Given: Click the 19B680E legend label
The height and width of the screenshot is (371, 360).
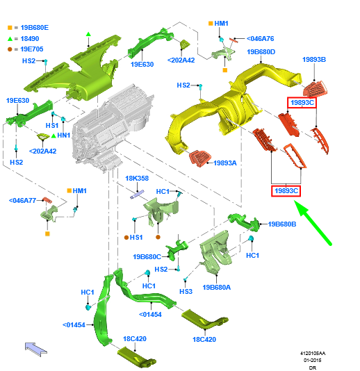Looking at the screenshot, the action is click(x=35, y=28).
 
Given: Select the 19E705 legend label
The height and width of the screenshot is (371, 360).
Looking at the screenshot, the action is click(x=32, y=49).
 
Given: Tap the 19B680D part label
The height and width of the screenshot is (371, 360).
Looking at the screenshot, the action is click(x=261, y=52).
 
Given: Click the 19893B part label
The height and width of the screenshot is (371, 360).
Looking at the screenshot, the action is click(x=314, y=60).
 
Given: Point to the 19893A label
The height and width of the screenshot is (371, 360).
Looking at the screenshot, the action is click(x=225, y=163).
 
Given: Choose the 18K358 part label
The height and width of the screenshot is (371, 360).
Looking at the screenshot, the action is click(x=137, y=178).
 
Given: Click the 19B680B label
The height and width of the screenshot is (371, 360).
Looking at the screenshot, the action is click(x=282, y=224).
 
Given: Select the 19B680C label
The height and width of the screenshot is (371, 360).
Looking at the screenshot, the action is click(x=147, y=257).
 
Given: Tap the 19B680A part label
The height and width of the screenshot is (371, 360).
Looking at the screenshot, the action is click(x=217, y=287).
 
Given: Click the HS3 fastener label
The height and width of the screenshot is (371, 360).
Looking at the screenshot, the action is click(x=186, y=292).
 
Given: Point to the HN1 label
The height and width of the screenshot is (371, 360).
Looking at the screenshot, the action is click(x=64, y=135).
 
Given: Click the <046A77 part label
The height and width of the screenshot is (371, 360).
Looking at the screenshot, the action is click(x=22, y=201).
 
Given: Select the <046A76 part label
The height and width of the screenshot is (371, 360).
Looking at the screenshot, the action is click(x=260, y=39).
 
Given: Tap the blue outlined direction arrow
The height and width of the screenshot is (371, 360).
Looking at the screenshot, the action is click(x=36, y=349).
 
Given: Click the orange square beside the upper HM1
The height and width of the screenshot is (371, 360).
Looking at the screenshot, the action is click(x=211, y=24).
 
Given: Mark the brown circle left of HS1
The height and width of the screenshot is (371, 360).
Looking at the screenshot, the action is click(x=126, y=238).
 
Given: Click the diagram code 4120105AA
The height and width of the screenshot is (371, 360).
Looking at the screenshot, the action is click(x=313, y=353).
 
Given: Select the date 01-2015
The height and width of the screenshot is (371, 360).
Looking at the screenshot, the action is click(x=313, y=361).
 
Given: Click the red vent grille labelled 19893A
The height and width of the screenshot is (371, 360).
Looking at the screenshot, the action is click(x=200, y=158).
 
